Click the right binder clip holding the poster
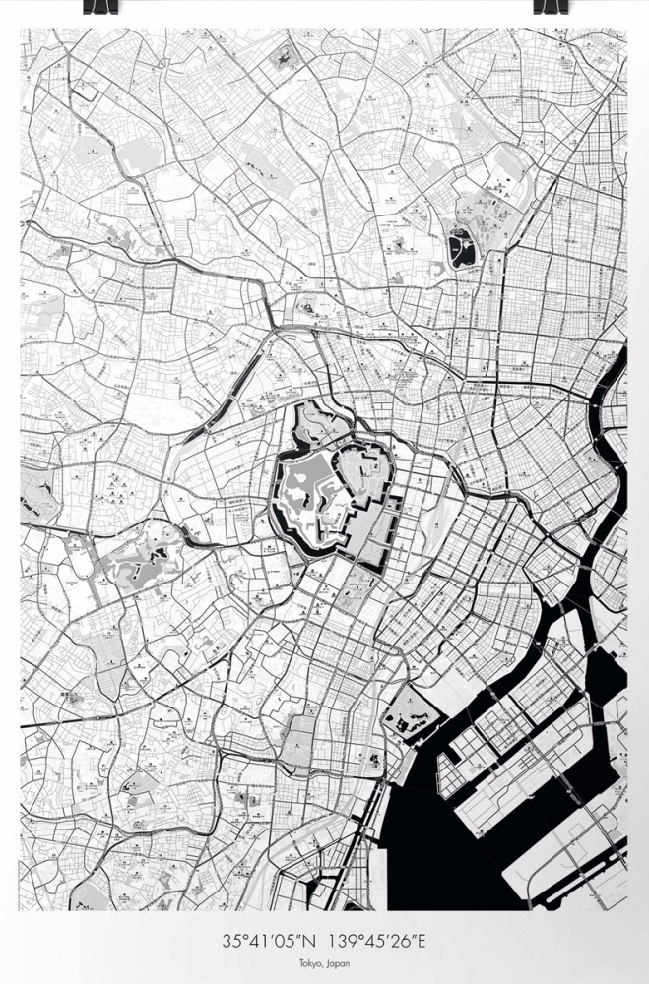pyautogui.click(x=548, y=6)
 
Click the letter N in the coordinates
pyautogui.click(x=316, y=942)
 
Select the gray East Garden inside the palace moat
pyautogui.click(x=364, y=482)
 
